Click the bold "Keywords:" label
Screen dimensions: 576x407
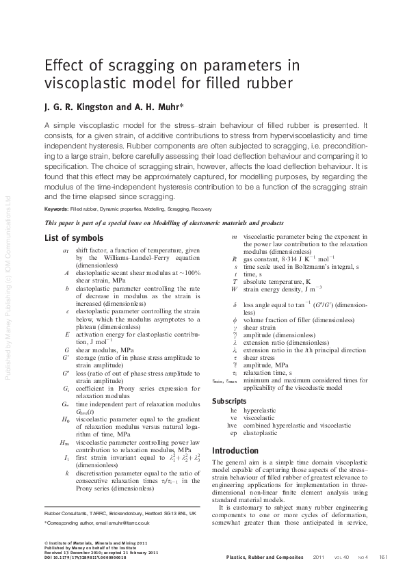[57, 208]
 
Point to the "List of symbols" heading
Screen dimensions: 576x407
[74, 238]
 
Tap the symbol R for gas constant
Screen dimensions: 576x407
[235, 260]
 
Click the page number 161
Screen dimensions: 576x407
[383, 556]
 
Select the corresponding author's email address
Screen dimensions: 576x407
[134, 523]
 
